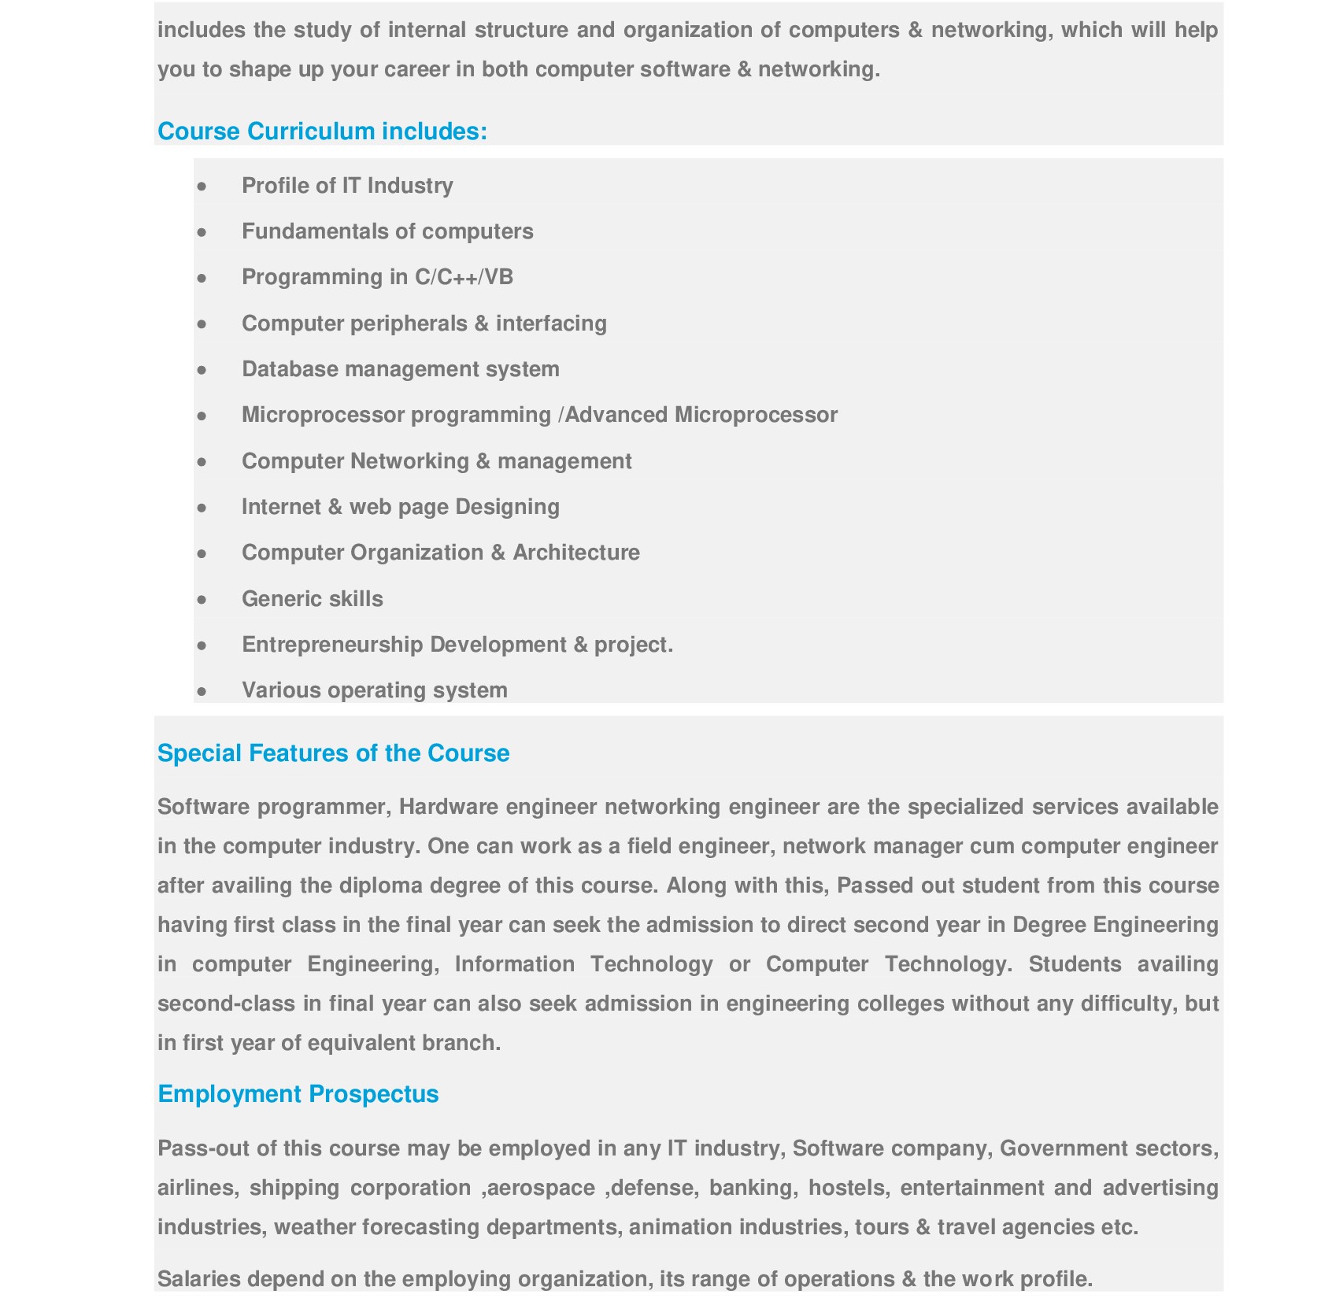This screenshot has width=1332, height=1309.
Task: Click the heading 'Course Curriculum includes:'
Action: [322, 131]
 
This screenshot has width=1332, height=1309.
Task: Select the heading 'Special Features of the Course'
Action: [333, 753]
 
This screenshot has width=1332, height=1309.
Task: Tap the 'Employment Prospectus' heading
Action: [298, 1094]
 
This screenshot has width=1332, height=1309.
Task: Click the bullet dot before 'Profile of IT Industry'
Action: [202, 187]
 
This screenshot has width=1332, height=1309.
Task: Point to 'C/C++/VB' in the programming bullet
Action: [464, 277]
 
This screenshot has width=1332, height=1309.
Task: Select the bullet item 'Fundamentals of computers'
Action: [387, 231]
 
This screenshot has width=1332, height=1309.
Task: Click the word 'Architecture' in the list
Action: [576, 553]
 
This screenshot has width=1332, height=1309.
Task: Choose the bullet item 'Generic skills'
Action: [312, 599]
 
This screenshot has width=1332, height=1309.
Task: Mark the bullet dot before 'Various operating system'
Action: [202, 691]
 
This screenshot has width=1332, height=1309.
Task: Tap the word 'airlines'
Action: [197, 1188]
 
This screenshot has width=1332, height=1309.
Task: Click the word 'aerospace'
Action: [541, 1188]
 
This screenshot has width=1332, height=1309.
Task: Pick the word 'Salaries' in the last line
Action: [199, 1279]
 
